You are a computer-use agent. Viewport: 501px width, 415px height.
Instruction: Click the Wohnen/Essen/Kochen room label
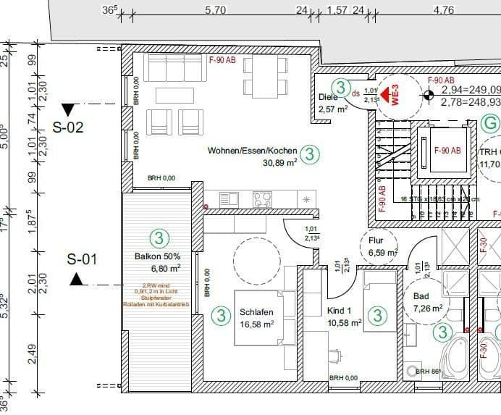pos(252,151)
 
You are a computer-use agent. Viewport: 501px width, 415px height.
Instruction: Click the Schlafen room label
pos(256,312)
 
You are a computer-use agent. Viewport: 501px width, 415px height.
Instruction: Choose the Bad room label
pos(421,296)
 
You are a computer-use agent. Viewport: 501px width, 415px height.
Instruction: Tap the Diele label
pos(328,97)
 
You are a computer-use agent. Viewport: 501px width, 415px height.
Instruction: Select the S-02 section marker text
pos(69,127)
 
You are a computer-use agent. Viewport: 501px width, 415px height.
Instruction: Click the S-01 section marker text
pos(82,259)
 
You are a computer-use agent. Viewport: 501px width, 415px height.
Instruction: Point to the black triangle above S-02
pos(69,110)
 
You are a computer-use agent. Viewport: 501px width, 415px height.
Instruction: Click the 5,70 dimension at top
pos(216,10)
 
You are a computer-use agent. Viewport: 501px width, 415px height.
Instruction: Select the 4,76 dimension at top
pos(443,10)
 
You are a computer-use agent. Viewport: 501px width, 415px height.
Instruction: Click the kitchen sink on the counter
pos(229,198)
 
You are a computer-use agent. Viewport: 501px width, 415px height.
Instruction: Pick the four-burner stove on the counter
pos(262,198)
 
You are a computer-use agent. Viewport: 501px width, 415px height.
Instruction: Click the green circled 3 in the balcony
pos(159,237)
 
